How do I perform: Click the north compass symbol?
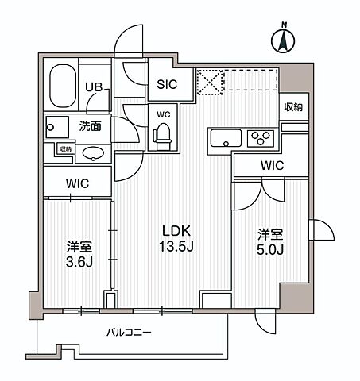tap(283, 40)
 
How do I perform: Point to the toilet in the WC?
tap(162, 137)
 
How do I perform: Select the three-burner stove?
tap(260, 139)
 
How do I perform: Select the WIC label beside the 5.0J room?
tap(271, 166)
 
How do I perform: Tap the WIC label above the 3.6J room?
tap(77, 183)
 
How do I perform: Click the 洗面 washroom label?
tap(88, 125)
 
